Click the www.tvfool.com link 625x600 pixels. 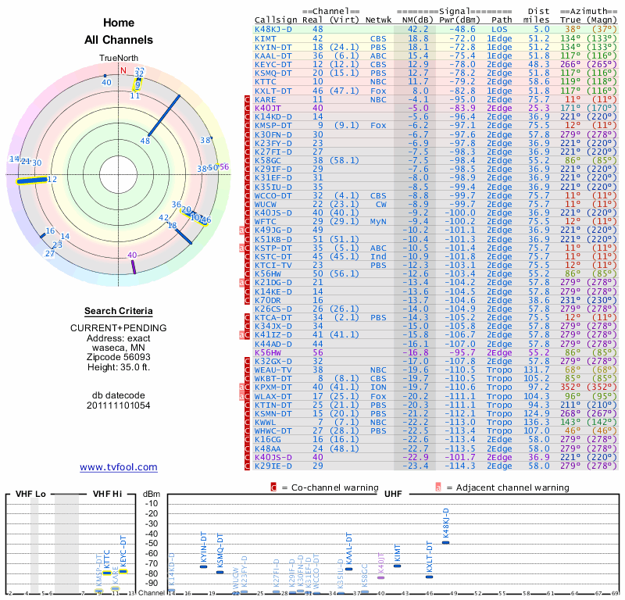pyautogui.click(x=119, y=467)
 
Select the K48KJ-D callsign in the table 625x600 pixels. pyautogui.click(x=273, y=30)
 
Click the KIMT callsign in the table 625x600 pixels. pyautogui.click(x=266, y=38)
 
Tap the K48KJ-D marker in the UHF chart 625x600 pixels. pyautogui.click(x=446, y=542)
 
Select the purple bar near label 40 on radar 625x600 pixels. pyautogui.click(x=134, y=266)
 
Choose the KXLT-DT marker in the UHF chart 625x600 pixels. pyautogui.click(x=429, y=577)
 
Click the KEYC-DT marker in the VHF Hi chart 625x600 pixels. pyautogui.click(x=123, y=571)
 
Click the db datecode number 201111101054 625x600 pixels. pyautogui.click(x=119, y=405)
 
